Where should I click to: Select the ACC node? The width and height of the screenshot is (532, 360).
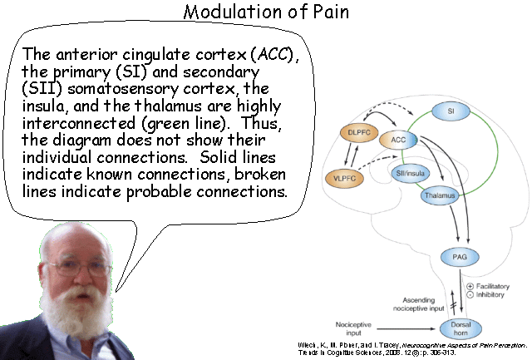pyautogui.click(x=398, y=140)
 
